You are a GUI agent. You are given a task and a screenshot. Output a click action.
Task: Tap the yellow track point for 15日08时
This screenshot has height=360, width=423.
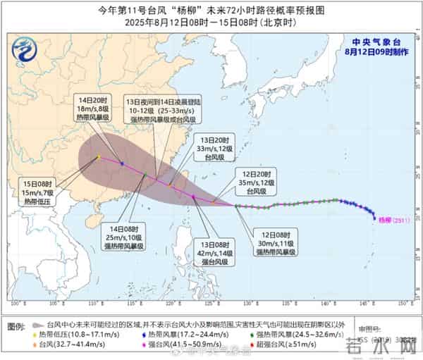99,157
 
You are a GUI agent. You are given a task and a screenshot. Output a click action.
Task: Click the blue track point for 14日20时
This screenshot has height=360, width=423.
122,164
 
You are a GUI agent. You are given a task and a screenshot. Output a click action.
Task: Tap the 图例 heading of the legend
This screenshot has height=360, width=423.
16,327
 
